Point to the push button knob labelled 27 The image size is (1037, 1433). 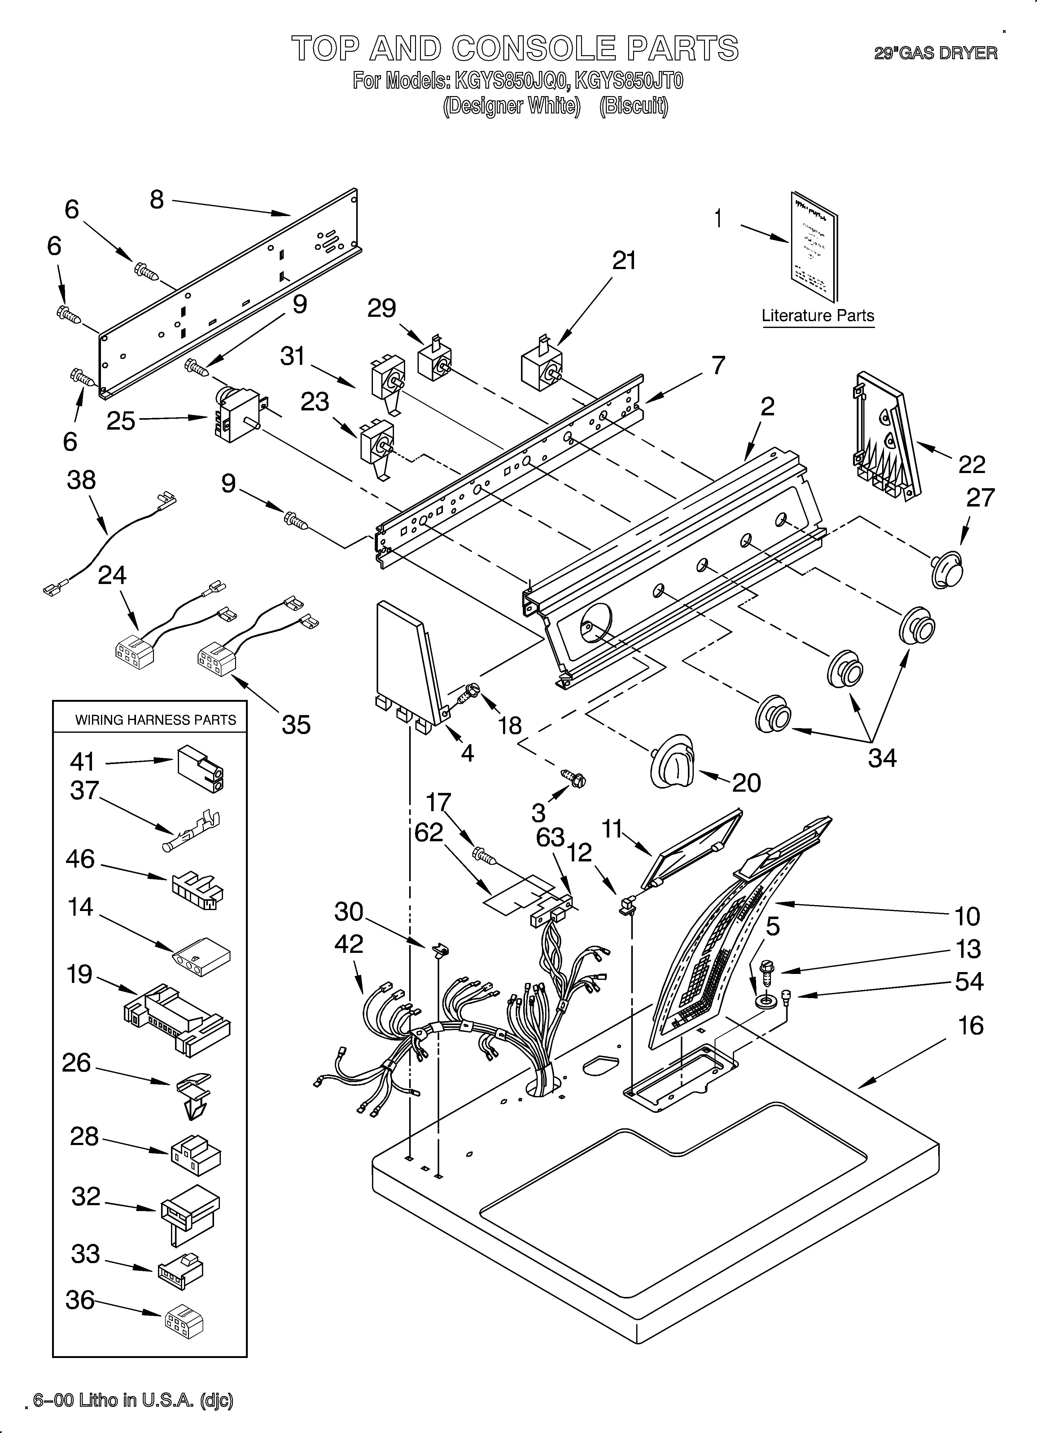tap(947, 565)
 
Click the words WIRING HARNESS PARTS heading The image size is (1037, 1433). tap(155, 720)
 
